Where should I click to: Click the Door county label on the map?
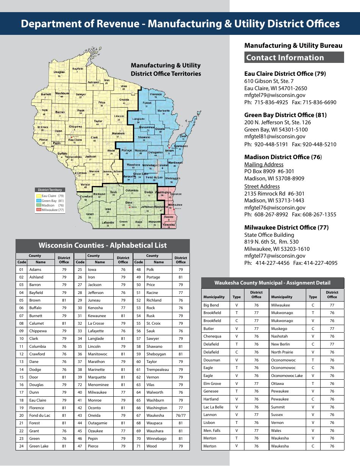183,136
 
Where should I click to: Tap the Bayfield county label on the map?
78,69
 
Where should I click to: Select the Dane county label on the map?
129,203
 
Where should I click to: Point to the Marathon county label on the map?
118,133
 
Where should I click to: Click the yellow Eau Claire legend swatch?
39,196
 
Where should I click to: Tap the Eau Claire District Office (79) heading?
285,73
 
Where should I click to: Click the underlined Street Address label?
262,186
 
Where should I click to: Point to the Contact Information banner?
294,58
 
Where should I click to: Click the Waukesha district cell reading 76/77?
181,415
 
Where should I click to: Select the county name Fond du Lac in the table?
40,415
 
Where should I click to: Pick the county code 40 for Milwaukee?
80,393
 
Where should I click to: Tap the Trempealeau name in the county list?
158,369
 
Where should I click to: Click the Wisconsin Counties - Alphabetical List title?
102,245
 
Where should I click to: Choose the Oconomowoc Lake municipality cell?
287,376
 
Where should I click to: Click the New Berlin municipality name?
280,344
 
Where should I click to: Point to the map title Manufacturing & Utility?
166,66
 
